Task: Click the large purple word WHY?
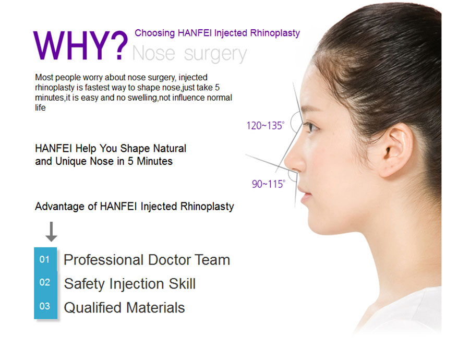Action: [x=81, y=45]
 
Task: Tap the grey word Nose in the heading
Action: [x=154, y=53]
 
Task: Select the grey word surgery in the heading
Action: [x=215, y=55]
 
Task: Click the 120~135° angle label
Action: [x=265, y=126]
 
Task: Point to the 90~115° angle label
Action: [x=269, y=184]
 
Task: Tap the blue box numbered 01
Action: [x=45, y=259]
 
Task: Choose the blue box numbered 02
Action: [x=45, y=283]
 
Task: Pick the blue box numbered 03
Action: [x=45, y=306]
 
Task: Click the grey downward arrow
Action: [x=51, y=232]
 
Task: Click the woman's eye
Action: [x=310, y=127]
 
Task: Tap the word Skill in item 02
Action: [x=182, y=283]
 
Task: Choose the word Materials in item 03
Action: [x=155, y=308]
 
